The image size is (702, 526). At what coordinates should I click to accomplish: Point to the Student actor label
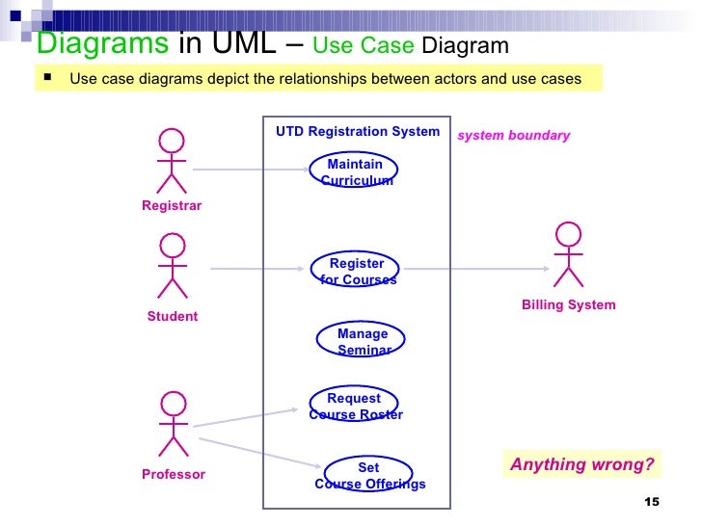tap(173, 316)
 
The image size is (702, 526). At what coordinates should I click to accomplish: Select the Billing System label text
tap(569, 304)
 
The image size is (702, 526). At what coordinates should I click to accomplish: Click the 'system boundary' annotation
tap(514, 135)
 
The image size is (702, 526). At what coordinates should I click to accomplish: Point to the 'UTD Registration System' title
tap(358, 131)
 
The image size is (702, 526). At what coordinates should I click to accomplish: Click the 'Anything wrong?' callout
tap(582, 463)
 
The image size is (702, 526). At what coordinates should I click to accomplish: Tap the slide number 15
tap(652, 501)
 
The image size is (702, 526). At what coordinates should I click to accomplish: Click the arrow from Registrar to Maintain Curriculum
tap(251, 170)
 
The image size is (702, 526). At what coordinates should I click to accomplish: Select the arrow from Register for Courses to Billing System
tap(476, 269)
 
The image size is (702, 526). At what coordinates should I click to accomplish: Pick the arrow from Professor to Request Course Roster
tap(246, 417)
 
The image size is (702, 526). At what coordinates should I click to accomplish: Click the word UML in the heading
tap(244, 42)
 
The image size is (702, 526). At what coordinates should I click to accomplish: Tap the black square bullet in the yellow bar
tap(48, 77)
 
